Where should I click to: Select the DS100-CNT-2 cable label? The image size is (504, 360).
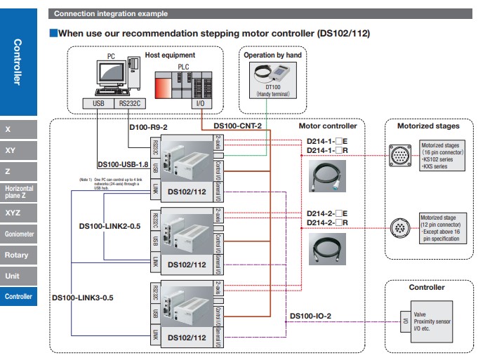[237, 127]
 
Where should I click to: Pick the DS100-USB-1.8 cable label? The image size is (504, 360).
[124, 165]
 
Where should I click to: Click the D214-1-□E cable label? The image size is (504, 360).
[328, 142]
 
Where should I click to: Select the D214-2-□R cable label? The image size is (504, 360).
[328, 222]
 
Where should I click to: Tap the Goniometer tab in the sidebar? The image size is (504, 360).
[19, 233]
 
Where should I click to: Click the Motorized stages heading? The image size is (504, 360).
[428, 126]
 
